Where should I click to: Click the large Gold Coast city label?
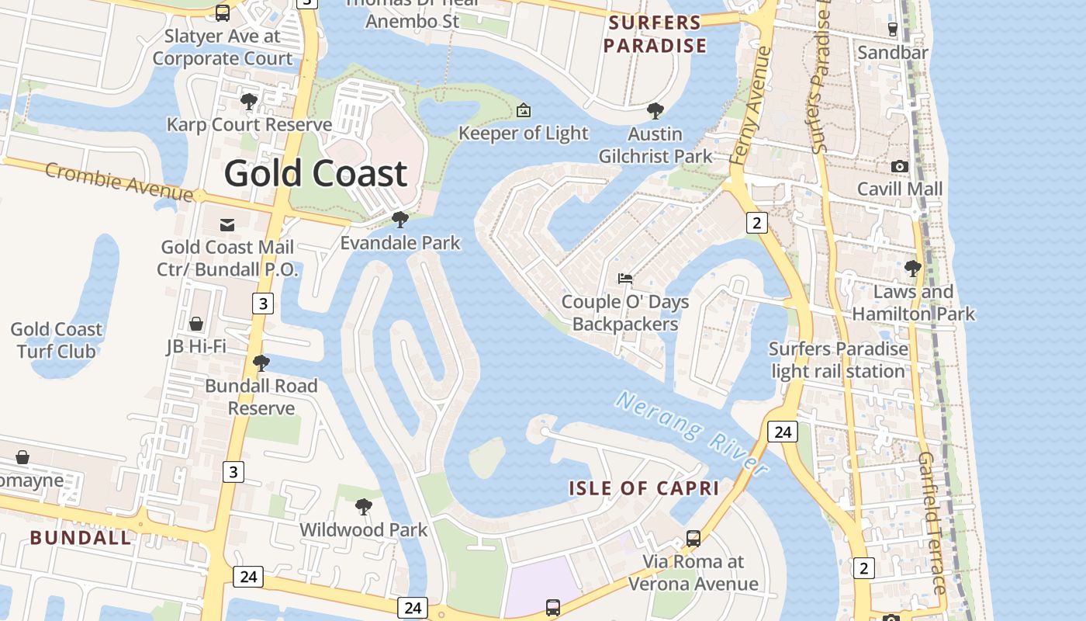316,173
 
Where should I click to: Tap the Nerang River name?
692,433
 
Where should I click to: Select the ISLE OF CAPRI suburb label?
644,488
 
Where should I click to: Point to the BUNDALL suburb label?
81,537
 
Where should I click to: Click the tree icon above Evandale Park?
400,220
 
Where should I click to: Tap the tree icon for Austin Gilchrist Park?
655,111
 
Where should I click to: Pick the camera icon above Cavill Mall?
900,166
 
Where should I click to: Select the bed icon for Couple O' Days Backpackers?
625,278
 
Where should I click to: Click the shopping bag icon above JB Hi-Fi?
196,323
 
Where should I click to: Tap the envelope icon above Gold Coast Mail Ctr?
227,225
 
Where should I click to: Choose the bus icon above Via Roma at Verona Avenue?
693,538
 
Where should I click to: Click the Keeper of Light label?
524,134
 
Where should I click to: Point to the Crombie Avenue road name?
118,181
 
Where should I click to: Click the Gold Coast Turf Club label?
57,340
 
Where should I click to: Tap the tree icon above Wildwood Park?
363,508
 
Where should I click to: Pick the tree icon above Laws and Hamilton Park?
913,269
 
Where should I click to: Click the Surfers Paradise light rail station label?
839,360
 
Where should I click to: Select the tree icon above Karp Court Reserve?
249,101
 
